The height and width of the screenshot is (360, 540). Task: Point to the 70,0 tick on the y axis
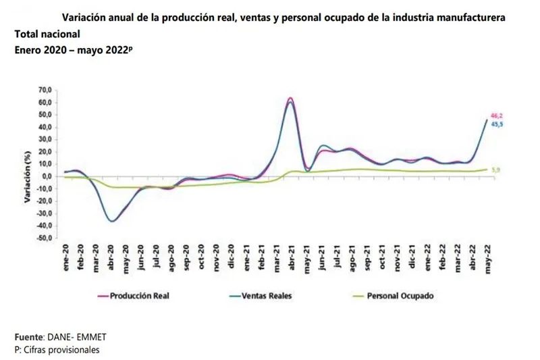pyautogui.click(x=45, y=90)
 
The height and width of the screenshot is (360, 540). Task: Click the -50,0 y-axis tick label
pyautogui.click(x=43, y=238)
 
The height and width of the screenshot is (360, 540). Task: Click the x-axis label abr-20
pyautogui.click(x=111, y=258)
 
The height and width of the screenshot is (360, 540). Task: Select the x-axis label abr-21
pyautogui.click(x=291, y=258)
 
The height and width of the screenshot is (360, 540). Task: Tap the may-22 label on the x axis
pyautogui.click(x=486, y=258)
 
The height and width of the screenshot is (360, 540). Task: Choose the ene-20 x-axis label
pyautogui.click(x=66, y=258)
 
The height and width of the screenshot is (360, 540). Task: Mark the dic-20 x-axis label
pyautogui.click(x=231, y=258)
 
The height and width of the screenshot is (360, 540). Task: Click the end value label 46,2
pyautogui.click(x=496, y=116)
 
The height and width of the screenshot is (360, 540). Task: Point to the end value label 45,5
pyautogui.click(x=496, y=124)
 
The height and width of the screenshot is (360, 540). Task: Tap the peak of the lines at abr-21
pyautogui.click(x=290, y=99)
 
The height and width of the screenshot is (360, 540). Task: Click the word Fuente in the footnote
pyautogui.click(x=28, y=336)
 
